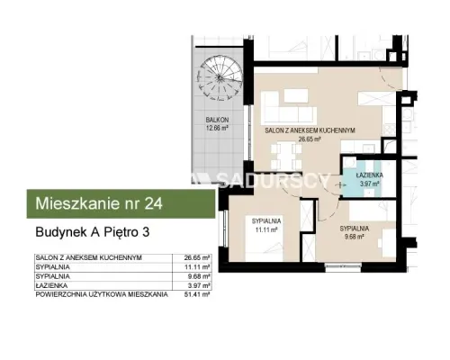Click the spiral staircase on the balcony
(x=219, y=78)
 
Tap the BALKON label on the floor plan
(x=217, y=120)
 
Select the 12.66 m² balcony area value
(x=217, y=128)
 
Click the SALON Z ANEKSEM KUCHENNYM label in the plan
(x=310, y=130)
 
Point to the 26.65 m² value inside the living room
(x=310, y=139)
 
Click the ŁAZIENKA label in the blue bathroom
(x=369, y=175)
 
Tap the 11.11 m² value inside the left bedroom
(x=266, y=230)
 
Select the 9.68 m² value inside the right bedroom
(x=355, y=237)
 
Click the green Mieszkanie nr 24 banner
(x=121, y=203)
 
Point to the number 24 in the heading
(x=154, y=203)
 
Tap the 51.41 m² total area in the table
(x=197, y=294)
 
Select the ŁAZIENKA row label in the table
(x=51, y=285)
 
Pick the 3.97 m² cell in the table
(x=198, y=285)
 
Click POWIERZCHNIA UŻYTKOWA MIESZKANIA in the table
(x=102, y=294)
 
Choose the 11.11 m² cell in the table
(x=197, y=266)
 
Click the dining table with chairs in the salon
(x=286, y=157)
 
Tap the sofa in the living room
(x=289, y=107)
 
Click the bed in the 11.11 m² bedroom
(x=264, y=238)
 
